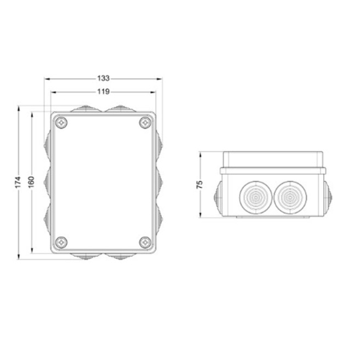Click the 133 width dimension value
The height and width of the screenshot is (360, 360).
pos(104,79)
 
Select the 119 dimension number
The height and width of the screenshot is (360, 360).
pos(104,92)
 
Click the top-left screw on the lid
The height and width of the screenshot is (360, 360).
pos(61,124)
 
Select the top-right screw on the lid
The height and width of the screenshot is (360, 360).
pos(146,124)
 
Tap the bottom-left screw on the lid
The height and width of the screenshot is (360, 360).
pos(61,241)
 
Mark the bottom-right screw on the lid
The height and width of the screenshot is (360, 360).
pos(146,241)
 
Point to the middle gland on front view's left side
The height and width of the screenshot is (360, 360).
pos(47,182)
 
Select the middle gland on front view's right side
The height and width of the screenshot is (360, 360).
pos(160,182)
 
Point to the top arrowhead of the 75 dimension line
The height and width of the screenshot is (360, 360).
pos(200,154)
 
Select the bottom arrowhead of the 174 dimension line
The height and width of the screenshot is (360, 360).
pos(19,256)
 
